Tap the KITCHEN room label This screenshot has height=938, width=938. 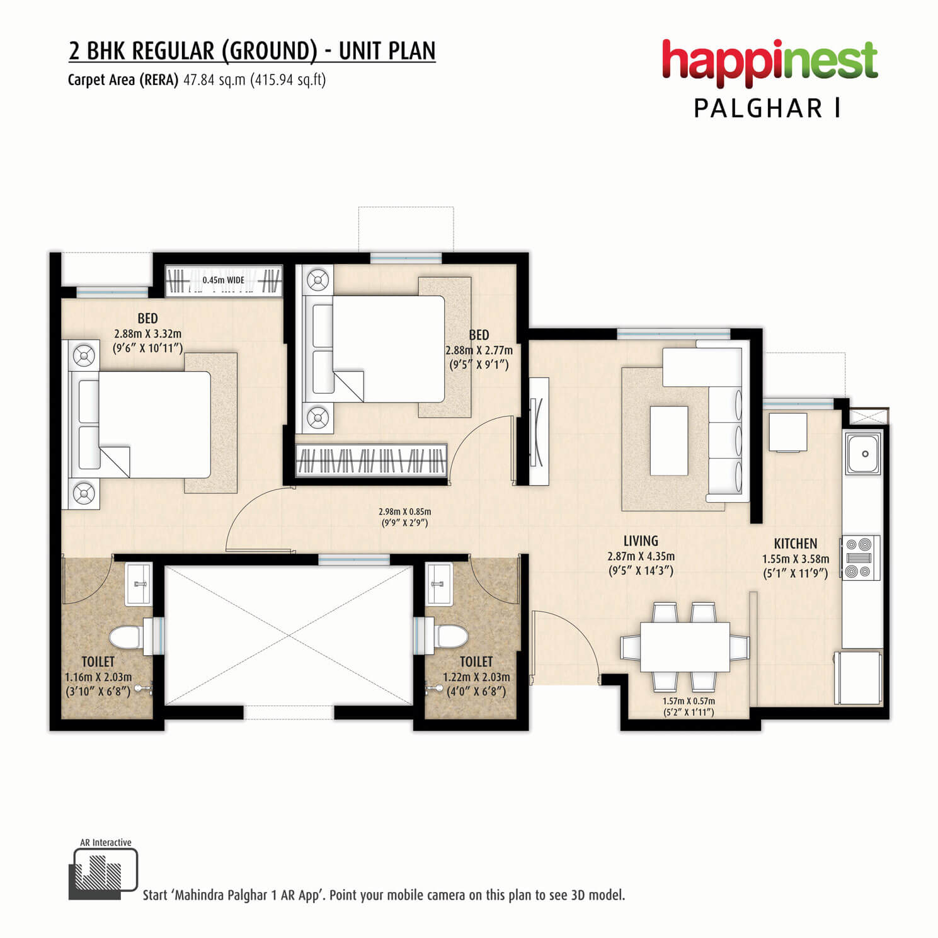click(x=796, y=544)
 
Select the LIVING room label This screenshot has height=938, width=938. click(x=641, y=541)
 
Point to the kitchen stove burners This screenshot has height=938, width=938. click(x=860, y=557)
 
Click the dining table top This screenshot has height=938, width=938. click(x=685, y=647)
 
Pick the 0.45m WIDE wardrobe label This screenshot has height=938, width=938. click(x=224, y=280)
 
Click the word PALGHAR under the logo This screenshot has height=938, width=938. click(x=758, y=108)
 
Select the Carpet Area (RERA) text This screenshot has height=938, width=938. click(x=123, y=80)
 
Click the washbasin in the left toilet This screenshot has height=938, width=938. click(x=138, y=584)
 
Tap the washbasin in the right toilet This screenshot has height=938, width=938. click(x=439, y=584)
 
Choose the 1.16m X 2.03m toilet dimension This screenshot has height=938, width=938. click(x=98, y=678)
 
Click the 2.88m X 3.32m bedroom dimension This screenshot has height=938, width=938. click(x=148, y=334)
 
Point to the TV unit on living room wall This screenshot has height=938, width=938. click(x=539, y=431)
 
